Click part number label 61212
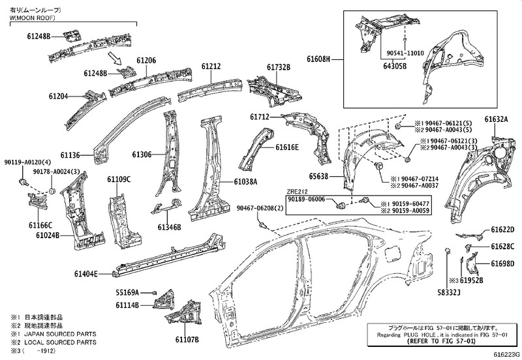click(x=211, y=67)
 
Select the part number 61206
click(x=146, y=60)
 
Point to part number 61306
click(x=142, y=155)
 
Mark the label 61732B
click(x=278, y=67)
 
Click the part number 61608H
click(x=320, y=59)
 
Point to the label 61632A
click(x=496, y=119)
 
